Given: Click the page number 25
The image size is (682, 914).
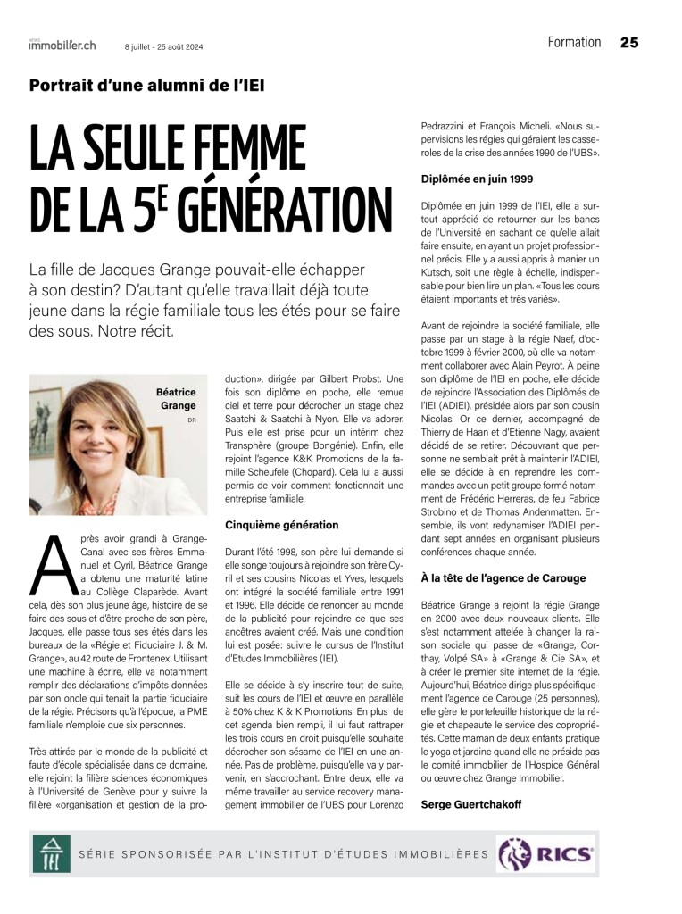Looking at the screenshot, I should click(629, 43).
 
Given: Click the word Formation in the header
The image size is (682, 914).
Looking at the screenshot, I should click(574, 43).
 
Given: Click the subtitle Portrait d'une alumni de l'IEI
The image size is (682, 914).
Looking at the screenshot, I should click(147, 87).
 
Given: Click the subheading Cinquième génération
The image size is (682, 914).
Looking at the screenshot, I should click(269, 525).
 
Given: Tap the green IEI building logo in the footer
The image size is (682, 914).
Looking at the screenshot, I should click(52, 855).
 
